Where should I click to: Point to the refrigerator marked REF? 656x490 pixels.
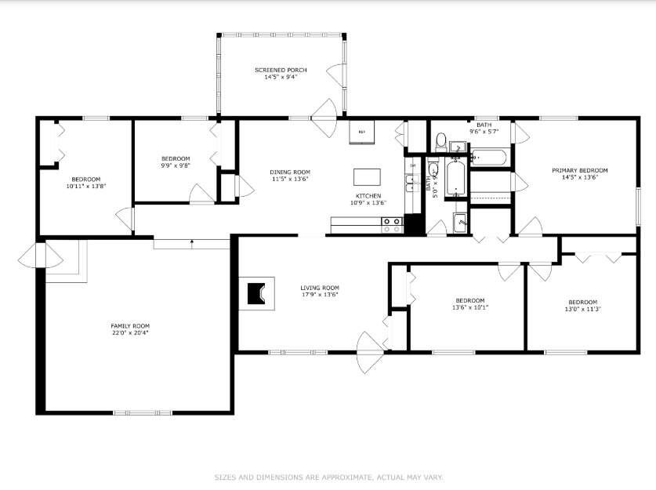click(361, 132)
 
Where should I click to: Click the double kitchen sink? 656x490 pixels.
click(411, 184)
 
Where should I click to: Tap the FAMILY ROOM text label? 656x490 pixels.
click(129, 325)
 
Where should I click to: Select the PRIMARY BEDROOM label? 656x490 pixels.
click(579, 170)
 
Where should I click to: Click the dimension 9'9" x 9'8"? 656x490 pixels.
click(176, 165)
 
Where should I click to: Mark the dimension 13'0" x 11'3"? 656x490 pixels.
click(582, 309)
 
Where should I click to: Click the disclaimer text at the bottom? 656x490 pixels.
click(328, 476)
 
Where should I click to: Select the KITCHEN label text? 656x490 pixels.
click(368, 195)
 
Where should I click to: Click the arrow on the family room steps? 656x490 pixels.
click(192, 243)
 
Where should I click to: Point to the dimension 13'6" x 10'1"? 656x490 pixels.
click(470, 307)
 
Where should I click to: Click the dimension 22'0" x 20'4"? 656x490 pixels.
click(129, 332)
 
